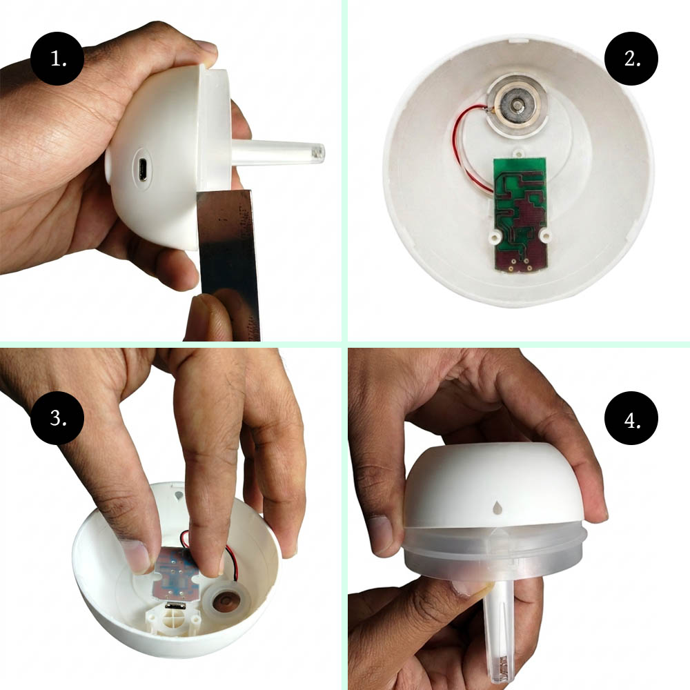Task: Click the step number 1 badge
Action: pos(57,58)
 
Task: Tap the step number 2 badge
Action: pos(631,58)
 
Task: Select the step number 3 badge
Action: pos(57,417)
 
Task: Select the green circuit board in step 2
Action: pos(520,214)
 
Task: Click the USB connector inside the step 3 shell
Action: pos(176,606)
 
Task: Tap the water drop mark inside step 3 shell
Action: pos(179,496)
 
